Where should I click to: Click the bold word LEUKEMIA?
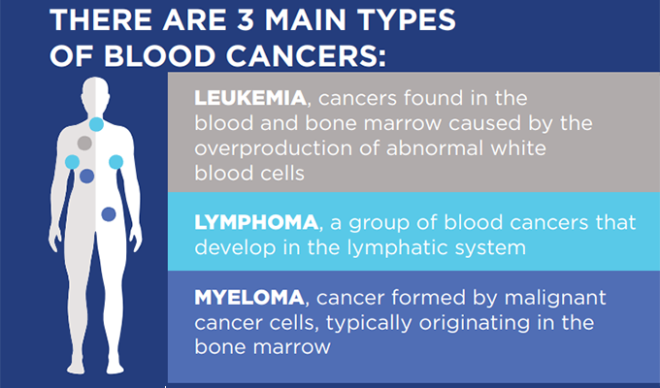click(x=250, y=98)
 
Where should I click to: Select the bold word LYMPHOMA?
click(x=256, y=222)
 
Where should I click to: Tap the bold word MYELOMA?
click(x=249, y=297)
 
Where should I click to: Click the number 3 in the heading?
click(x=246, y=19)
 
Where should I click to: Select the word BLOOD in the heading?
click(x=159, y=56)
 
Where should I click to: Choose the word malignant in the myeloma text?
click(x=555, y=299)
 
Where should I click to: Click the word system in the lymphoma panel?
click(x=499, y=248)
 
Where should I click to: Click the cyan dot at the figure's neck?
click(x=96, y=124)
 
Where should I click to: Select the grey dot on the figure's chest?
click(x=84, y=144)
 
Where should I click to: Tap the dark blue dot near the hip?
click(x=109, y=214)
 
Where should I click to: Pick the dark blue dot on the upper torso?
click(x=86, y=176)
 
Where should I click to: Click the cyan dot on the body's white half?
click(x=115, y=162)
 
